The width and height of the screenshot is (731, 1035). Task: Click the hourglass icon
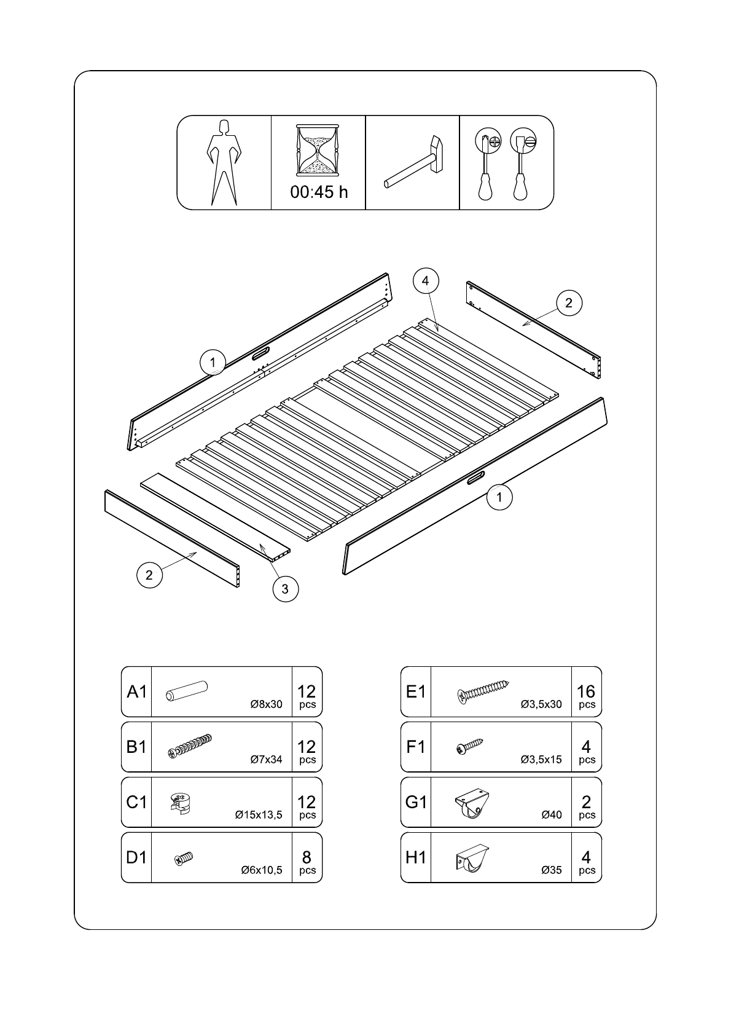pyautogui.click(x=318, y=150)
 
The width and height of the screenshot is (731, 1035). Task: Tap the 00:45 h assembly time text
pyautogui.click(x=319, y=192)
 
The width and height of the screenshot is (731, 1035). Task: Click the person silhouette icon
pyautogui.click(x=224, y=163)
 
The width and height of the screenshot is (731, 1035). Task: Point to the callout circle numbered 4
pyautogui.click(x=425, y=280)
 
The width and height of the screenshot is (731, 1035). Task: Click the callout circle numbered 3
pyautogui.click(x=286, y=589)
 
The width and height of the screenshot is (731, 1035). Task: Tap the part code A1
pyautogui.click(x=137, y=691)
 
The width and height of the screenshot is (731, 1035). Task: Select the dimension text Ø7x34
pyautogui.click(x=266, y=759)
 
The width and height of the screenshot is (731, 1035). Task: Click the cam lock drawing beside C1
pyautogui.click(x=180, y=803)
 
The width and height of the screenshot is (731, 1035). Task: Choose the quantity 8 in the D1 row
pyautogui.click(x=307, y=857)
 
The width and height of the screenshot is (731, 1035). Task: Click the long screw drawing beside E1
pyautogui.click(x=483, y=691)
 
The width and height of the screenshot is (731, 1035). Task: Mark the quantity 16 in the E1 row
pyautogui.click(x=586, y=691)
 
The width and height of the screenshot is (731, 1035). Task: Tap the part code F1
pyautogui.click(x=415, y=747)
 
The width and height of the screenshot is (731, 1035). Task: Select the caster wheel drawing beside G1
pyautogui.click(x=472, y=803)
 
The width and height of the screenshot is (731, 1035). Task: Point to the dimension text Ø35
pyautogui.click(x=552, y=870)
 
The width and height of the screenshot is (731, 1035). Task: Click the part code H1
pyautogui.click(x=415, y=857)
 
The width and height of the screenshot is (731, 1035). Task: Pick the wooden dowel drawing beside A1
pyautogui.click(x=187, y=691)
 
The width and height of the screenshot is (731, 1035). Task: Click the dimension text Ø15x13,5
pyautogui.click(x=259, y=814)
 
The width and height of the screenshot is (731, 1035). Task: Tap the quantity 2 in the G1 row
pyautogui.click(x=587, y=802)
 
